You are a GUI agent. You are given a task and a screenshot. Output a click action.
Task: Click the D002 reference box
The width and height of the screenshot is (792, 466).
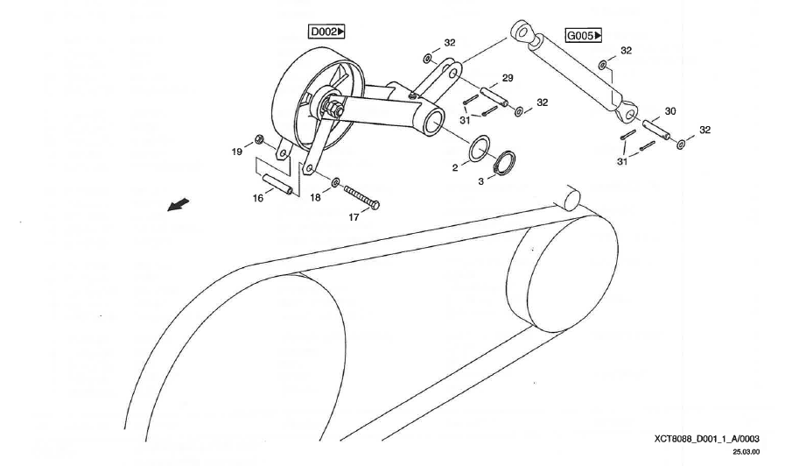(x=327, y=32)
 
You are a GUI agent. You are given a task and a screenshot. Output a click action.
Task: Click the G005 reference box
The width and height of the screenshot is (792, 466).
(x=585, y=36)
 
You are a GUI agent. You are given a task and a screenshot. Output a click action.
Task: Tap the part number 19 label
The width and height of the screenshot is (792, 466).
(x=236, y=152)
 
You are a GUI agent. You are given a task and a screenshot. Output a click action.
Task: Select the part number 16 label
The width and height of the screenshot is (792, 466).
(x=258, y=198)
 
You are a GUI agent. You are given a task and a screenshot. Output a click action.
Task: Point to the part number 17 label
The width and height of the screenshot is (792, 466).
(x=354, y=217)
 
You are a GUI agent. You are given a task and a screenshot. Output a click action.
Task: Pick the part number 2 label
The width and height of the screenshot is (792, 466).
(x=455, y=167)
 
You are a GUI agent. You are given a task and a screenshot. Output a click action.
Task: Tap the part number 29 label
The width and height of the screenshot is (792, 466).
(x=508, y=78)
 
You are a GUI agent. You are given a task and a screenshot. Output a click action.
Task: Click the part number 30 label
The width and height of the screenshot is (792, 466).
(x=670, y=111)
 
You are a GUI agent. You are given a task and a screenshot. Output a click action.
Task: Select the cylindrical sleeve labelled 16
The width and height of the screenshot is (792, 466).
(x=278, y=186)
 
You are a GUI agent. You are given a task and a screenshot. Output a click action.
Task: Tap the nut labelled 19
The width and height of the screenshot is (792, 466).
(x=260, y=139)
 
